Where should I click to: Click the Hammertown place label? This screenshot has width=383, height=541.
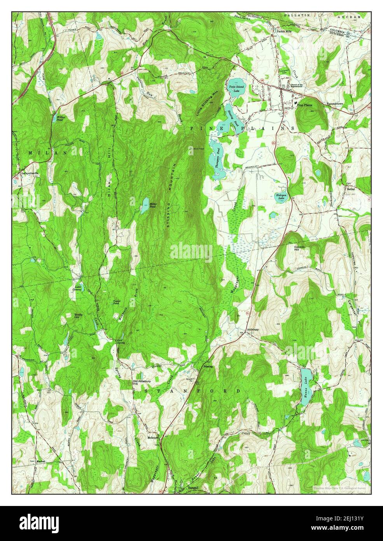point(337,105)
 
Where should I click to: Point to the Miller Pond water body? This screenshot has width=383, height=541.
point(144,207)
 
